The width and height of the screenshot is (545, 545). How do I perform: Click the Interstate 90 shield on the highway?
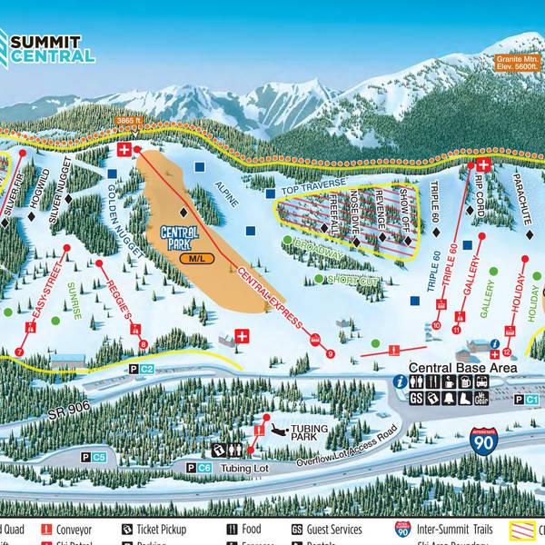[x=483, y=441]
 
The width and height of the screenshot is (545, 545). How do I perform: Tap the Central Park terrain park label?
[x=180, y=238]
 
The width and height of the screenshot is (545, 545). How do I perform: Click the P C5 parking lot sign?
[x=93, y=456]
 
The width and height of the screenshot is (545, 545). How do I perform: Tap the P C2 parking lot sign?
[x=141, y=369]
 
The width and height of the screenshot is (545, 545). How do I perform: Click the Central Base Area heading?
[x=462, y=368]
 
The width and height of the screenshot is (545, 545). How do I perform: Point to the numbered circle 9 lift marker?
[x=331, y=353]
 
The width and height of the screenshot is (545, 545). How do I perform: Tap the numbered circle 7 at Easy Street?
[x=19, y=352]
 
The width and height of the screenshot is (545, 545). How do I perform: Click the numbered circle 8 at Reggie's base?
[x=144, y=343]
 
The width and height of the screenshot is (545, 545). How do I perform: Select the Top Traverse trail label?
[x=313, y=187]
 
